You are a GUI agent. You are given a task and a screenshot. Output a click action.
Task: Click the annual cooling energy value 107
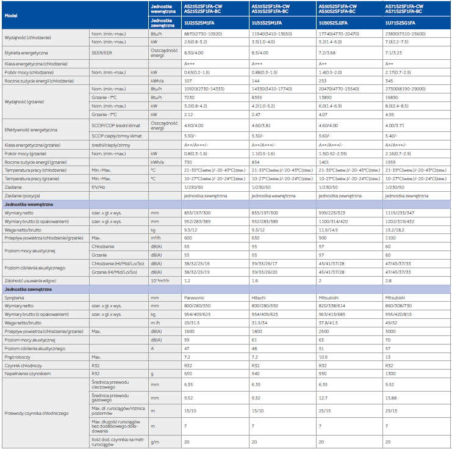[188, 80]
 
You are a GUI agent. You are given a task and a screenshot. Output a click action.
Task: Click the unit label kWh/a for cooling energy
[157, 80]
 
